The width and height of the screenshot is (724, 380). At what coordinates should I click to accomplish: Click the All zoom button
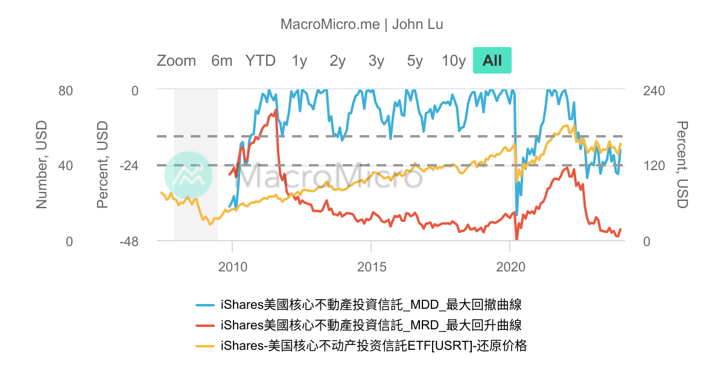coord(492,60)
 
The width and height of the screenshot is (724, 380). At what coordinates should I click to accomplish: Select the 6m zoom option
coord(222,61)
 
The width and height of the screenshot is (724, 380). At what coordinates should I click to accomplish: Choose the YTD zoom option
coord(260,61)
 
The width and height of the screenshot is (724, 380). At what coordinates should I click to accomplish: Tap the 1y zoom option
coord(299,61)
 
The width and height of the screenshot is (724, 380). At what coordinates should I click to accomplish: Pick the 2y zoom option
coord(337,61)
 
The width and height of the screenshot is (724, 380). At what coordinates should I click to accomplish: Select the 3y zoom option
coord(376,61)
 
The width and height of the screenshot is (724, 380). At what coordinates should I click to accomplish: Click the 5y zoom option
coord(414,61)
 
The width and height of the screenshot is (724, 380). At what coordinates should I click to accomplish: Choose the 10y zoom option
coord(454,61)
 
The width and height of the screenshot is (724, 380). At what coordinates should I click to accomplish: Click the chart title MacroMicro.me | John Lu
coord(361,24)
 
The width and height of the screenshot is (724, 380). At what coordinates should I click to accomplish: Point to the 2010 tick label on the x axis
coord(233,267)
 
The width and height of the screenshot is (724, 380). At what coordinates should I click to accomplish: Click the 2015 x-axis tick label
coord(372,267)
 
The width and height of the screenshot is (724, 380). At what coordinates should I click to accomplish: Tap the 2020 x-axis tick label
coord(510,267)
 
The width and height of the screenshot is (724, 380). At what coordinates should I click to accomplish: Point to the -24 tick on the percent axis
coord(129,166)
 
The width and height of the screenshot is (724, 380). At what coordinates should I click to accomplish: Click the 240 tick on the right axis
coord(654,91)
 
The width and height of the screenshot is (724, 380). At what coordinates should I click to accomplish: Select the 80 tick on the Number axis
coord(66,91)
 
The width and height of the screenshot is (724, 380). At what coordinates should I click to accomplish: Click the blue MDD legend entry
coord(359,305)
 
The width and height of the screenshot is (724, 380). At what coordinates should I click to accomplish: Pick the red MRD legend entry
coord(359,325)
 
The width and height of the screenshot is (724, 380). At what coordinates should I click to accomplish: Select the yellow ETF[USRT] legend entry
coord(361,346)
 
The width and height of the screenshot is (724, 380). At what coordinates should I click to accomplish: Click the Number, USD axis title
coord(42,165)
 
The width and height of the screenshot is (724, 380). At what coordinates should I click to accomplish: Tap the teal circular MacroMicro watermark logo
coord(188,175)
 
